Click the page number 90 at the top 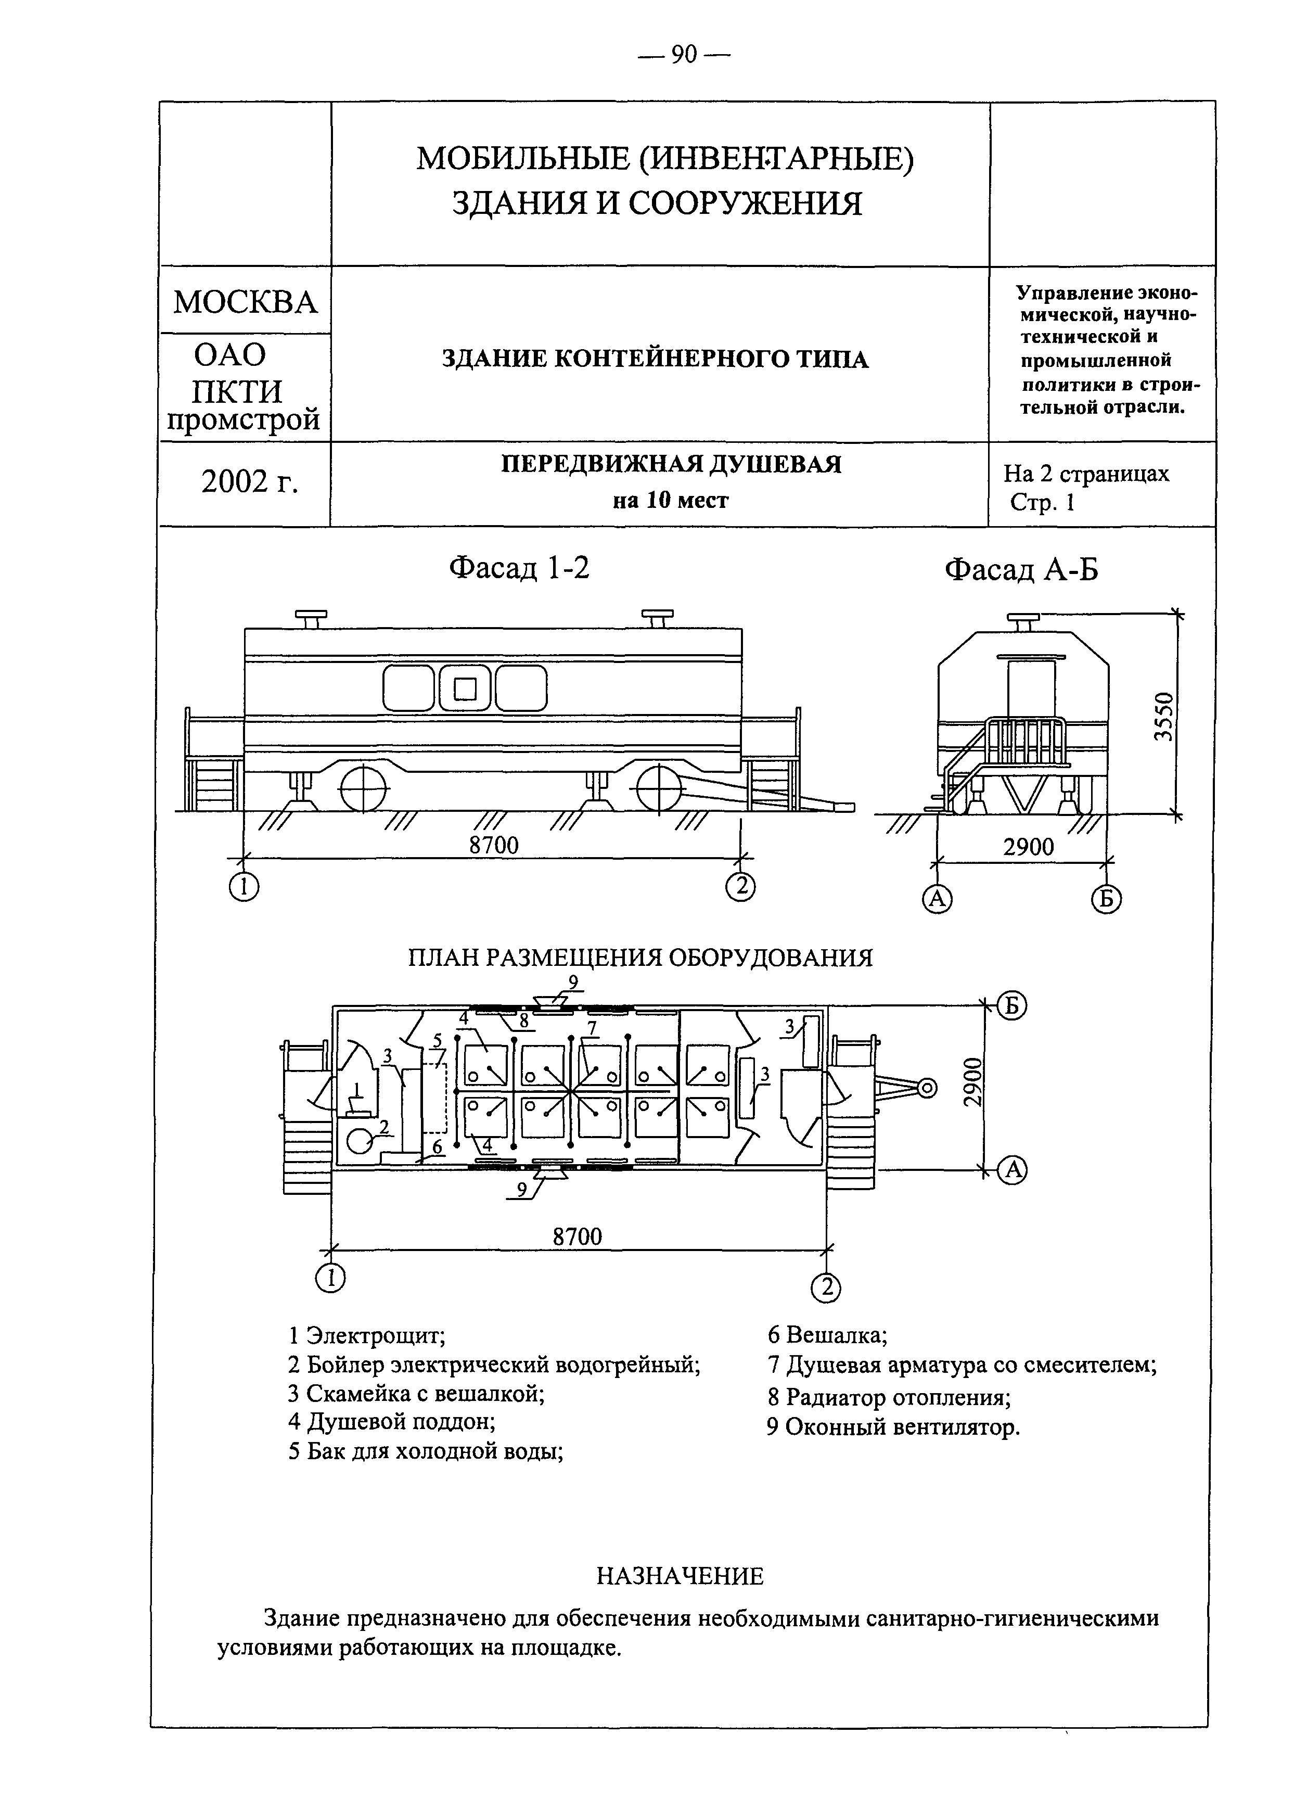pos(684,54)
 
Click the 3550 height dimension pos(1165,716)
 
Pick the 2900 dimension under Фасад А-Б pos(1028,847)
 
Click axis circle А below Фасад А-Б pos(937,899)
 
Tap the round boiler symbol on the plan pos(360,1143)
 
